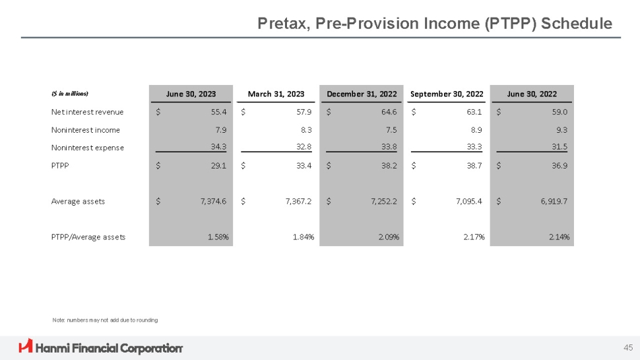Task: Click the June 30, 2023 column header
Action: pyautogui.click(x=191, y=94)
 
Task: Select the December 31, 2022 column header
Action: pyautogui.click(x=362, y=94)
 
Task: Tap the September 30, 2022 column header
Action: pyautogui.click(x=447, y=94)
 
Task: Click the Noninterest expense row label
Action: pyautogui.click(x=88, y=148)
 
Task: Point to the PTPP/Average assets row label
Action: pyautogui.click(x=88, y=237)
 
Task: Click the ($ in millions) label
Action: pyautogui.click(x=70, y=94)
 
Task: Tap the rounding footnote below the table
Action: pyautogui.click(x=105, y=320)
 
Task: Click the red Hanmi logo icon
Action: pyautogui.click(x=26, y=347)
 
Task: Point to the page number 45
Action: pyautogui.click(x=628, y=348)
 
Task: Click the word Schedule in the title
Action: pyautogui.click(x=577, y=24)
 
